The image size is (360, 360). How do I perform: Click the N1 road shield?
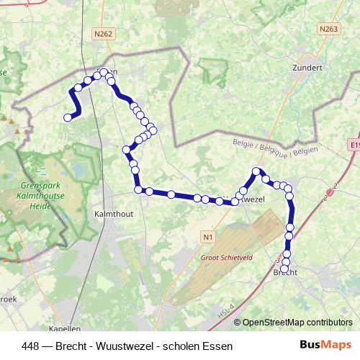click(x=208, y=236)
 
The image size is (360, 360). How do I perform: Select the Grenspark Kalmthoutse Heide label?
click(x=31, y=195)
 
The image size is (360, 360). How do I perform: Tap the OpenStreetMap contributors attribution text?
click(x=297, y=323)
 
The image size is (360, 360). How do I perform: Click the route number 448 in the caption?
click(x=32, y=346)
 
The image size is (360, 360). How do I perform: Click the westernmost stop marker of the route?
click(x=68, y=117)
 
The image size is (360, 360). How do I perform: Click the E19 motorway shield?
click(x=353, y=145)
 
